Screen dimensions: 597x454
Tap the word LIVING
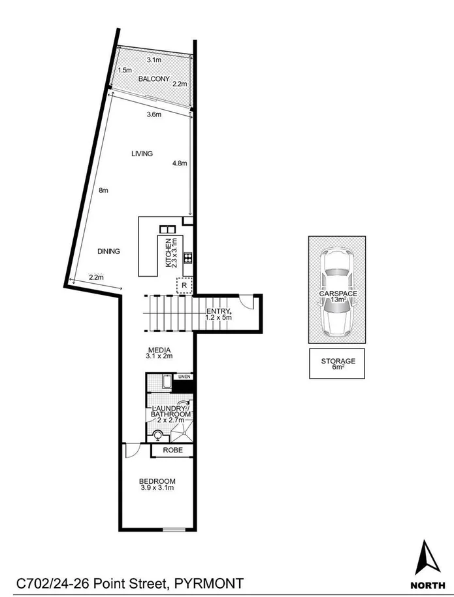[x=142, y=154]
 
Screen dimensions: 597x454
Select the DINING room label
[x=108, y=251]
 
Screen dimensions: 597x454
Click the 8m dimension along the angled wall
[x=103, y=190]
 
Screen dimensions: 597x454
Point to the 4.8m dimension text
[x=179, y=163]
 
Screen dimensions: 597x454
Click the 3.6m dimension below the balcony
[x=154, y=115]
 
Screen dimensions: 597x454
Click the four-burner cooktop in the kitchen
[x=187, y=257]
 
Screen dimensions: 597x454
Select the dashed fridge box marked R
[x=185, y=286]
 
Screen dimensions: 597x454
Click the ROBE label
[x=172, y=451]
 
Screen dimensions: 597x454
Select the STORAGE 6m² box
[x=338, y=364]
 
